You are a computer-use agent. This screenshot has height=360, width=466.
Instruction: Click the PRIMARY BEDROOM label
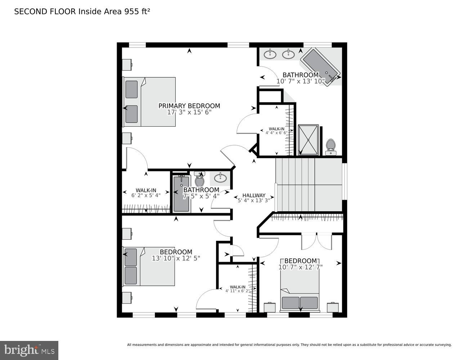[189, 106]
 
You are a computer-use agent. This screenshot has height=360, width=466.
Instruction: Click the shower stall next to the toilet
[308, 140]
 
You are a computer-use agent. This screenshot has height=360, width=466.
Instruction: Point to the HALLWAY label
[254, 195]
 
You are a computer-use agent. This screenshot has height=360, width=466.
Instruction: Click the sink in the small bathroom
[220, 177]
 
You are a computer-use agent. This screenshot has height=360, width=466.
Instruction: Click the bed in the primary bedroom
[149, 102]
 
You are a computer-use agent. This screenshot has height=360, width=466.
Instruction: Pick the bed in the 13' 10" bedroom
[149, 266]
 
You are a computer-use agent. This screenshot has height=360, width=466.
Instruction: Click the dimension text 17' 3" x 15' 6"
[189, 112]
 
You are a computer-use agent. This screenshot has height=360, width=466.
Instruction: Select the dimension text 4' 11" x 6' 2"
[238, 291]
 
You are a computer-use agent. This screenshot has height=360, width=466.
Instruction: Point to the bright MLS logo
[29, 350]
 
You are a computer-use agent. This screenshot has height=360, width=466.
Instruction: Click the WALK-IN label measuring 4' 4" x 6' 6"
[277, 129]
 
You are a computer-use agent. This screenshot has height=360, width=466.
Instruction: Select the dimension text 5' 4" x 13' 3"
[254, 201]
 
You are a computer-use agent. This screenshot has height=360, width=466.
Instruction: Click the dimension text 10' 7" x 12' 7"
[300, 267]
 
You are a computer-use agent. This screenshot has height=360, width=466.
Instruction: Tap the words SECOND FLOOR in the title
[45, 12]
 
